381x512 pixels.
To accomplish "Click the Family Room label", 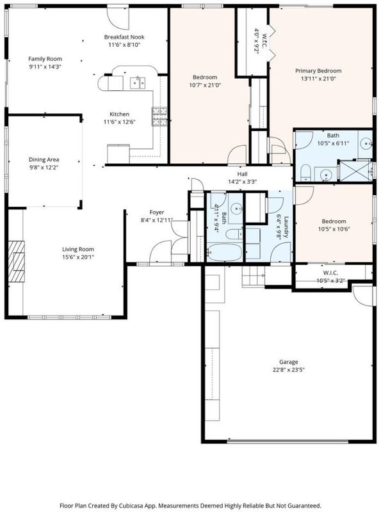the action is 45,59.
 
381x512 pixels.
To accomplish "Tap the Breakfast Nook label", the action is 124,37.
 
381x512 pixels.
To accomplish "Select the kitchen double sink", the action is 138,83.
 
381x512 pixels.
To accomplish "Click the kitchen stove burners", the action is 159,116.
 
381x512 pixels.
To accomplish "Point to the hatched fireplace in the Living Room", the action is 17,261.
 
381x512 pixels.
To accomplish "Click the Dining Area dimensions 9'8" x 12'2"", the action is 44,168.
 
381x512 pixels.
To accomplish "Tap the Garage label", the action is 289,362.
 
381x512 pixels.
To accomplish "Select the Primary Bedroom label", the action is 318,71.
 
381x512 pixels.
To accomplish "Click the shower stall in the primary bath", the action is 356,171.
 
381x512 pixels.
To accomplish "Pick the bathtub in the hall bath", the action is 224,252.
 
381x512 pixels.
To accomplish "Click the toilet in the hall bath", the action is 234,234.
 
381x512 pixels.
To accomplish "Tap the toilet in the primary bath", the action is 305,172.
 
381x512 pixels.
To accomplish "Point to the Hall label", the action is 243,174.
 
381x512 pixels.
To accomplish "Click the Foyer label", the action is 157,212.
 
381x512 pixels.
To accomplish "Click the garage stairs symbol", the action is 253,276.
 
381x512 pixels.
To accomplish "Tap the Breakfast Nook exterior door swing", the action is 118,19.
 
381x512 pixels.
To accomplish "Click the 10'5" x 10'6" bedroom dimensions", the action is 334,229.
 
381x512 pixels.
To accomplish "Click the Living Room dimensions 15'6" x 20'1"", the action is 78,257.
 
